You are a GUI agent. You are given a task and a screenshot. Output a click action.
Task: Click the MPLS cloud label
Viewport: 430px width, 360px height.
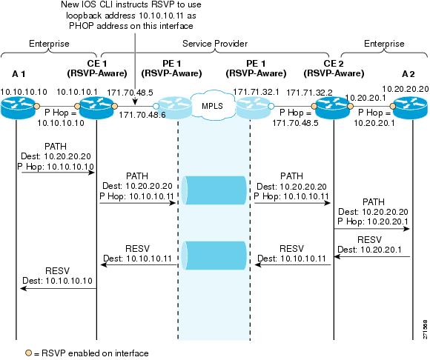point(212,106)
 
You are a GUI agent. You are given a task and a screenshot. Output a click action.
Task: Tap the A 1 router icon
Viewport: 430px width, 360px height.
point(18,109)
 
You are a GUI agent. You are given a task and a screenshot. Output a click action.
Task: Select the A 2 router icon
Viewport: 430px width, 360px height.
point(410,109)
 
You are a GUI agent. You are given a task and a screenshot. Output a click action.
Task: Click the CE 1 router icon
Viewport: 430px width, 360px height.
point(96,109)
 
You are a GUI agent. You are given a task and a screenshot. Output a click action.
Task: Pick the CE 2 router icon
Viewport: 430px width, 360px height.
point(333,109)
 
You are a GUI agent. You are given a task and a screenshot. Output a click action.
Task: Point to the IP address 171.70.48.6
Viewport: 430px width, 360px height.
point(142,115)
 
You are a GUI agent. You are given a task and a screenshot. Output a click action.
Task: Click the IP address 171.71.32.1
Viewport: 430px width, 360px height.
point(256,92)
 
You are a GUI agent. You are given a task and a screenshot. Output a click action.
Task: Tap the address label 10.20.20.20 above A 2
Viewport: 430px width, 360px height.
point(406,89)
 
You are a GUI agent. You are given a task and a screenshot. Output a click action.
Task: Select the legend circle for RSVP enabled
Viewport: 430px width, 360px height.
point(28,353)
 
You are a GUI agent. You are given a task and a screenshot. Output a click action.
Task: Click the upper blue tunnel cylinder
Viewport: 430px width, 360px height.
point(214,190)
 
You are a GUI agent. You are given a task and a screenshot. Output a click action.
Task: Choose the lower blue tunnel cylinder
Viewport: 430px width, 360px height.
point(214,256)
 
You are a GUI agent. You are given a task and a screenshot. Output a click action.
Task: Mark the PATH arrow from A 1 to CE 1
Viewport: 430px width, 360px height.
point(58,173)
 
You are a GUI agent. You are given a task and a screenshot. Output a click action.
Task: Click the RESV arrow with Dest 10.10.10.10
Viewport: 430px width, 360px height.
point(59,288)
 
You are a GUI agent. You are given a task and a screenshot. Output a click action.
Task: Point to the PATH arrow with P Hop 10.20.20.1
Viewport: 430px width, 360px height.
point(371,229)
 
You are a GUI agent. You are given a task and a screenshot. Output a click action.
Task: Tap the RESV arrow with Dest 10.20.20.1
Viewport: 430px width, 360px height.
point(372,257)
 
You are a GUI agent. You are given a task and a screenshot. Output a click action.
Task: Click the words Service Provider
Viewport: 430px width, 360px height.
point(215,44)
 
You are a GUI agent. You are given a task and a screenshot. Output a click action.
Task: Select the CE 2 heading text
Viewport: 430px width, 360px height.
point(334,64)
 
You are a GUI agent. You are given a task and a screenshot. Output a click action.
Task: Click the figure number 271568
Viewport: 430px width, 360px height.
point(425,329)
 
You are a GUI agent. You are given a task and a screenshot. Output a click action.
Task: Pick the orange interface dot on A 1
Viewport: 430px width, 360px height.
point(36,107)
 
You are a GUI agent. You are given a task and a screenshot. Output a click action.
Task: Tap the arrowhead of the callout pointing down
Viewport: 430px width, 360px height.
point(135,102)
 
